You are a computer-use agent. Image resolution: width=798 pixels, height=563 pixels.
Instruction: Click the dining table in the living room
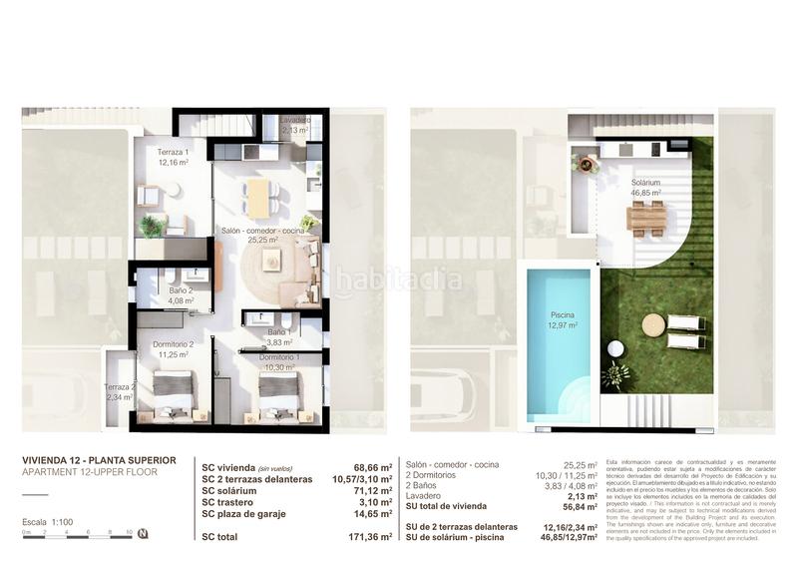[x=259, y=197]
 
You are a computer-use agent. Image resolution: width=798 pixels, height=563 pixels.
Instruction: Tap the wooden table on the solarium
[x=646, y=217]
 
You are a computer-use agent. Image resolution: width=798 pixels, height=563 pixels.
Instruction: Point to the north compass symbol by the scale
[x=143, y=533]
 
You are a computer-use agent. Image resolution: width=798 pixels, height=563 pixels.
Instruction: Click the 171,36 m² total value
[x=369, y=538]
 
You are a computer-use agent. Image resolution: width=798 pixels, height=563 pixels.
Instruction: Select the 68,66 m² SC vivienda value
[x=372, y=466]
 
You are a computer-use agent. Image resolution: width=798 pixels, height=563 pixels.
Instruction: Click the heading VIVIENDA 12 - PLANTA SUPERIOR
[x=99, y=460]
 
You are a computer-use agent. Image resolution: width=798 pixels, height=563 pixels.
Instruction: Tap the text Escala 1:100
[x=48, y=522]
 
